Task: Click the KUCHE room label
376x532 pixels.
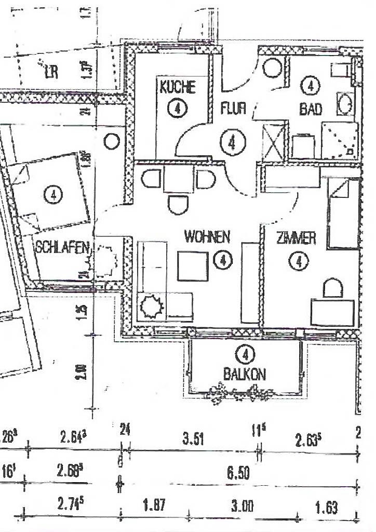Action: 178,87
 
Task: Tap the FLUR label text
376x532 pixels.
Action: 233,109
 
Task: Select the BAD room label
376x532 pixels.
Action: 310,109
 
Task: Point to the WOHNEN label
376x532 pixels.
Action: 207,237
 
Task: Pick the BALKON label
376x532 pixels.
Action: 245,374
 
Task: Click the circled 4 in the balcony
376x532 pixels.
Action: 244,355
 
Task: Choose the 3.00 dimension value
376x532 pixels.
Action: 241,508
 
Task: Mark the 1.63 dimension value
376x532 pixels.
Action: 326,508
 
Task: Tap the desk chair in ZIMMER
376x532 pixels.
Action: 332,287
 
